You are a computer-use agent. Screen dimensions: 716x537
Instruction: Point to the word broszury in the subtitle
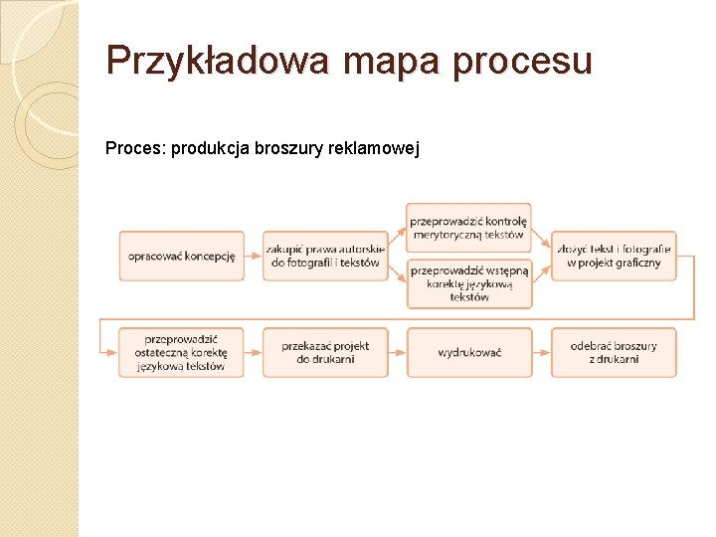pyautogui.click(x=289, y=149)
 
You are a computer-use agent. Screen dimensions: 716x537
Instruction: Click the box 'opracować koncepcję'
pyautogui.click(x=181, y=256)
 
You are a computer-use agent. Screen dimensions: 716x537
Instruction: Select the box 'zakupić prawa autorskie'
pyautogui.click(x=325, y=256)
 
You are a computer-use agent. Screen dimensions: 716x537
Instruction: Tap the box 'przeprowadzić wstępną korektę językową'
pyautogui.click(x=469, y=283)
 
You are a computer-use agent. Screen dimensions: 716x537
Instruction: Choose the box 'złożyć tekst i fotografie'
pyautogui.click(x=614, y=256)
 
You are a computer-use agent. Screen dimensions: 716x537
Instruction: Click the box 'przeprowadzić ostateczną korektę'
pyautogui.click(x=181, y=352)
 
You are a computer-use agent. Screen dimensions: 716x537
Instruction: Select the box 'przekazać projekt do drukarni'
pyautogui.click(x=325, y=352)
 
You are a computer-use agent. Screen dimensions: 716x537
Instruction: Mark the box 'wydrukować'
pyautogui.click(x=469, y=352)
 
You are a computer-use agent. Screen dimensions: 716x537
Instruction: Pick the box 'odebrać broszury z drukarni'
pyautogui.click(x=614, y=352)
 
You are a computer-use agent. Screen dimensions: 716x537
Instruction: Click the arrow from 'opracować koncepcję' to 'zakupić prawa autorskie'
pyautogui.click(x=253, y=256)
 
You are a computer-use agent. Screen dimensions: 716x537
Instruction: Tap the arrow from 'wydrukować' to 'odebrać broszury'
pyautogui.click(x=541, y=352)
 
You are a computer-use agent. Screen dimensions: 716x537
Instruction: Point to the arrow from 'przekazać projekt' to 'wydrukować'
pyautogui.click(x=397, y=352)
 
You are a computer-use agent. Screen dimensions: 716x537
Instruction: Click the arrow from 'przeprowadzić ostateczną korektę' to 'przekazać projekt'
pyautogui.click(x=253, y=352)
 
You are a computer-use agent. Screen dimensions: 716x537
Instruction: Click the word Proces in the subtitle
pyautogui.click(x=135, y=149)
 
